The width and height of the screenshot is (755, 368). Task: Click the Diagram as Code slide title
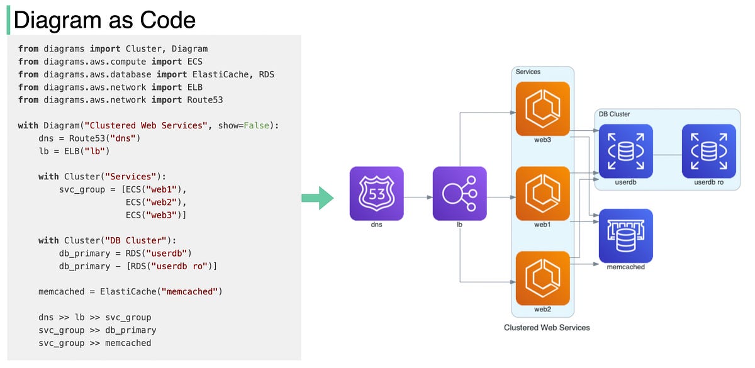(x=104, y=20)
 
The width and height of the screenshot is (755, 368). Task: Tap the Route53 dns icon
(x=376, y=193)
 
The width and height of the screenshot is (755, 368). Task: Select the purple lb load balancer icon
(x=459, y=193)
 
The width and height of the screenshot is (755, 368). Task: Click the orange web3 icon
(x=542, y=108)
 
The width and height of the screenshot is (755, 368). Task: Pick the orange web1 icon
(x=542, y=193)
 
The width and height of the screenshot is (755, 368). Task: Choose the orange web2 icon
(x=542, y=277)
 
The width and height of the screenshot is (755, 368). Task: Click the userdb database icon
(x=625, y=151)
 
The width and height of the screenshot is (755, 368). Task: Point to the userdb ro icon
(x=708, y=151)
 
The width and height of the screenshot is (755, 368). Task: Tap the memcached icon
(x=625, y=235)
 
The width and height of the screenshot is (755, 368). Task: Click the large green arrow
(x=317, y=198)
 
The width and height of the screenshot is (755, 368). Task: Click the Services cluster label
(x=528, y=72)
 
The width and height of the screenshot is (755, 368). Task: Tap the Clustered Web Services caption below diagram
(x=547, y=328)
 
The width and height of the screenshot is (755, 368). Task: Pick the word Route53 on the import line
(x=205, y=99)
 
